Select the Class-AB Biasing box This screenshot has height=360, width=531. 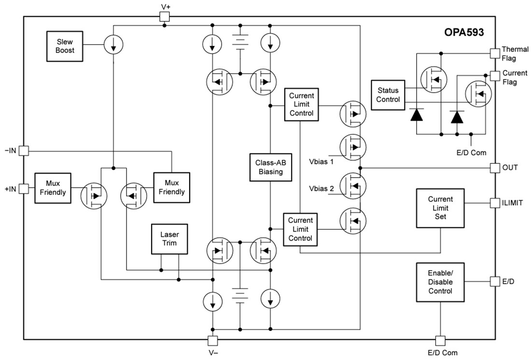click(x=271, y=167)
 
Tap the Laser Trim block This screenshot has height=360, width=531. click(x=169, y=238)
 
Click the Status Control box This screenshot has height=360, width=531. click(x=388, y=95)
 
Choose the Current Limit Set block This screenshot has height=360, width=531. click(x=440, y=208)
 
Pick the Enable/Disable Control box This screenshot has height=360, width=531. click(x=440, y=282)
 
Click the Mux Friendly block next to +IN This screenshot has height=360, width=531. click(x=52, y=188)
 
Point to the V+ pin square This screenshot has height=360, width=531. click(x=165, y=16)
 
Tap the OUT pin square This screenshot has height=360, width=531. click(x=494, y=167)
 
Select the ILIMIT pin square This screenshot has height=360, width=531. click(x=494, y=203)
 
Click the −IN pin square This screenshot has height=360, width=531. click(x=24, y=151)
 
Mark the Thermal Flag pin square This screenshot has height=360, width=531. click(x=494, y=53)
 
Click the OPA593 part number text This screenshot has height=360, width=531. click(x=464, y=33)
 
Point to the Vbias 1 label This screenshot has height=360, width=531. click(x=321, y=161)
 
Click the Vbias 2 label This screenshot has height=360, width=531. click(x=321, y=189)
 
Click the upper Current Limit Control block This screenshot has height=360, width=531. click(x=301, y=104)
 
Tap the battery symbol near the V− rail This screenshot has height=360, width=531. click(x=240, y=295)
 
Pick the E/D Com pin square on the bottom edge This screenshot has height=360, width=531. click(x=440, y=340)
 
